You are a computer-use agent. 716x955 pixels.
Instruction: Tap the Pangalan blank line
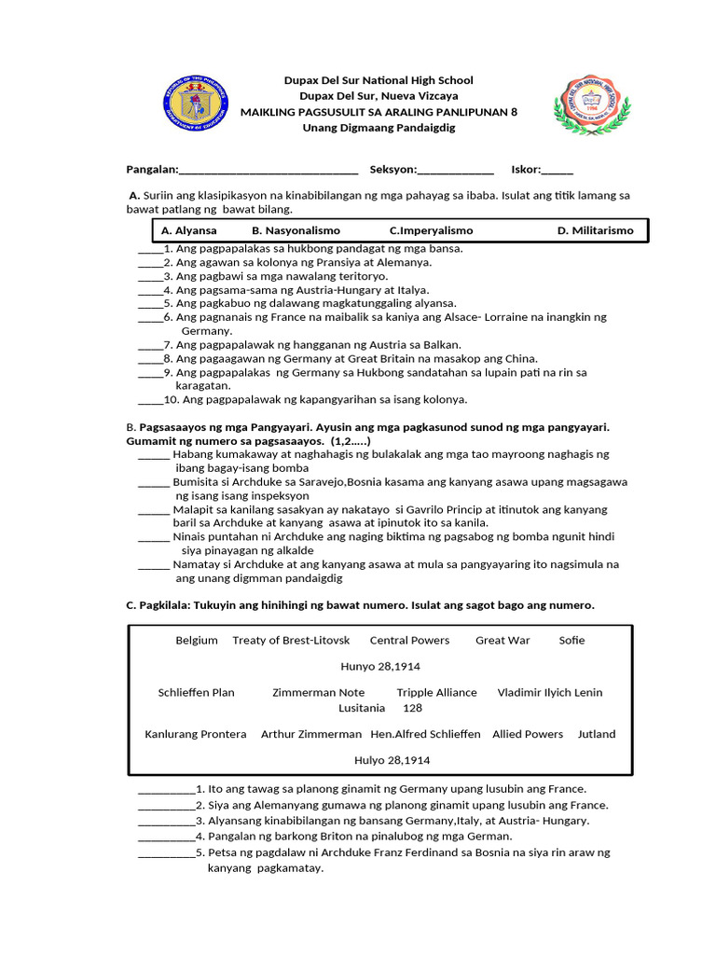pos(268,171)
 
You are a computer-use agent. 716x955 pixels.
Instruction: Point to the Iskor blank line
pos(558,171)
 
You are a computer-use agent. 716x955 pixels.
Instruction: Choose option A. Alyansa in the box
pos(189,230)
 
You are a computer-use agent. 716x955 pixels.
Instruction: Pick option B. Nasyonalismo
pos(296,230)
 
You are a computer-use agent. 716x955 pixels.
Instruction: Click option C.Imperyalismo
pos(431,230)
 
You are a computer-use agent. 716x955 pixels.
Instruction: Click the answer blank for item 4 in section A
pos(150,291)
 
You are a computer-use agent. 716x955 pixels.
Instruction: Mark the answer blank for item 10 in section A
pos(150,400)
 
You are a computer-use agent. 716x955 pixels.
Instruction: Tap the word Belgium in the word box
pos(197,641)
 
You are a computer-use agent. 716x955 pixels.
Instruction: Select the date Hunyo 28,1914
pos(379,668)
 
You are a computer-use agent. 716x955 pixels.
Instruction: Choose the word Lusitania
pos(362,709)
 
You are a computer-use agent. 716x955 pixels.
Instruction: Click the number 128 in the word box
pos(412,709)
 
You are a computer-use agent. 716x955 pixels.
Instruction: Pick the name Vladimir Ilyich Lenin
pos(550,693)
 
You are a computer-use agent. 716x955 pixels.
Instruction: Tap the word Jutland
pos(597,735)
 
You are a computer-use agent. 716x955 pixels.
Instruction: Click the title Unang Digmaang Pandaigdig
pos(379,128)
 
